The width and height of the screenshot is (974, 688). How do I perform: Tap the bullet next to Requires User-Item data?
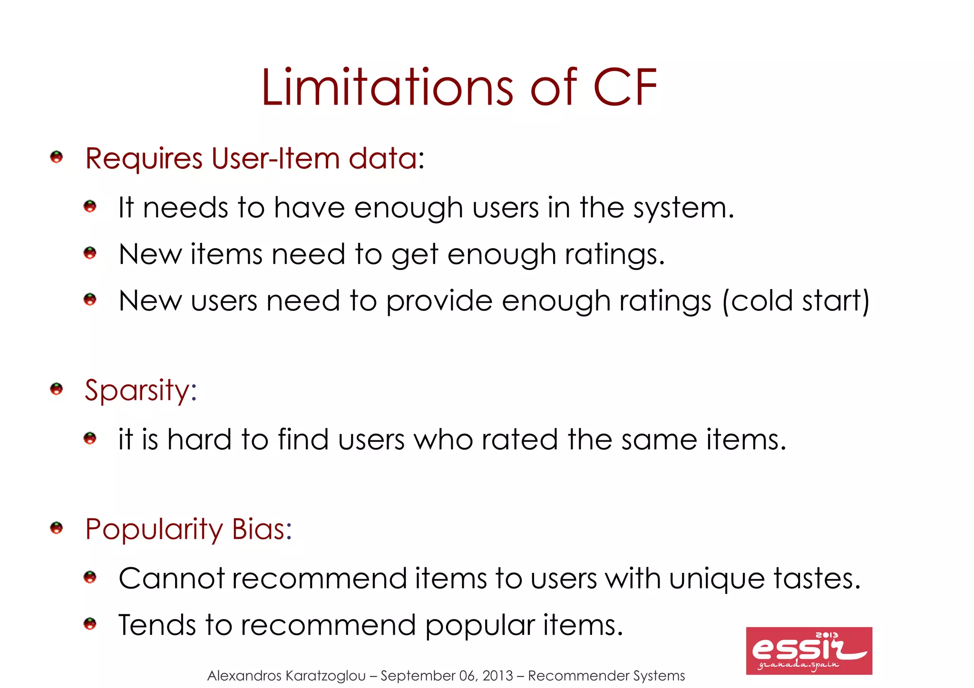point(57,157)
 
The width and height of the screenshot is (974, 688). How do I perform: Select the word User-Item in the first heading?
point(275,158)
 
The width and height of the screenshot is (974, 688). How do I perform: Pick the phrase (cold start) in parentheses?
point(796,301)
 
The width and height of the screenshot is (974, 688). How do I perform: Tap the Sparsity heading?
point(140,391)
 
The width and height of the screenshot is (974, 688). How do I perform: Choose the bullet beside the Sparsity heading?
point(57,389)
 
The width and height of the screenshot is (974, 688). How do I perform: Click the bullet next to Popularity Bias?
point(57,528)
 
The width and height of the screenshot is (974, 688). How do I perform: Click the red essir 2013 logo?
point(808,650)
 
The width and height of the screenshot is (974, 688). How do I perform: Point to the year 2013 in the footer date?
point(498,676)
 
